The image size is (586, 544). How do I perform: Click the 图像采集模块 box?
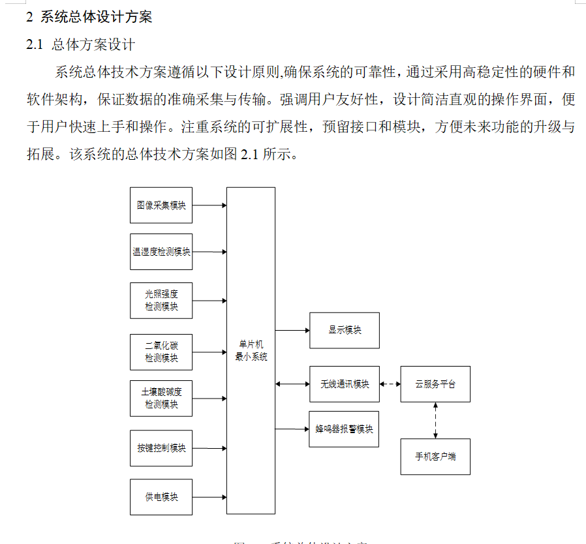pyautogui.click(x=161, y=205)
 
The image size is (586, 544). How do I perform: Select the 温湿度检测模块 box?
pyautogui.click(x=161, y=252)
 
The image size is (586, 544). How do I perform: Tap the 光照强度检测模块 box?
pyautogui.click(x=161, y=301)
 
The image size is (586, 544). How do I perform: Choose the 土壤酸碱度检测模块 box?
pyautogui.click(x=161, y=399)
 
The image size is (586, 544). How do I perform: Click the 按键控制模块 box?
pyautogui.click(x=161, y=448)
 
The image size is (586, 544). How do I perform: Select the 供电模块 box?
pyautogui.click(x=161, y=497)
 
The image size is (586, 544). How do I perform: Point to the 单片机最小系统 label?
pyautogui.click(x=251, y=351)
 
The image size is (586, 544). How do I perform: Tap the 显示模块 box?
pyautogui.click(x=345, y=330)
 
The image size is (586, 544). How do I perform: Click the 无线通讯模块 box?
pyautogui.click(x=345, y=384)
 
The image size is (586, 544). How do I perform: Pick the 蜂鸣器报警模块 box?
pyautogui.click(x=345, y=429)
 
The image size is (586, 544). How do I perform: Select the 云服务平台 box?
pyautogui.click(x=435, y=384)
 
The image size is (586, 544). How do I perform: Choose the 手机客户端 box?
pyautogui.click(x=435, y=457)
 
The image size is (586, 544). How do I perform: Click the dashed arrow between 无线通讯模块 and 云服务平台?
pyautogui.click(x=390, y=384)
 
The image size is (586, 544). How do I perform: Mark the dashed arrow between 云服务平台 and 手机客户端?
pyautogui.click(x=435, y=420)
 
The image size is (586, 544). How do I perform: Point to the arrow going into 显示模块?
pyautogui.click(x=292, y=330)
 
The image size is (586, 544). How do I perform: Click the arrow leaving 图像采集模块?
pyautogui.click(x=209, y=205)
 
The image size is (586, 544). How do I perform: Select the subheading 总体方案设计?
pyautogui.click(x=93, y=45)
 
